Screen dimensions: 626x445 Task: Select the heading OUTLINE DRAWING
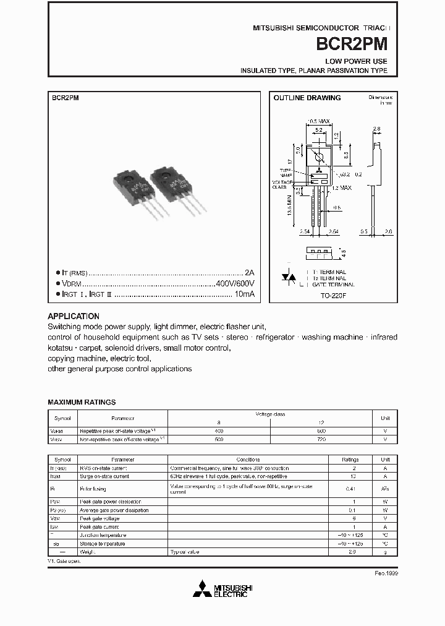point(307,98)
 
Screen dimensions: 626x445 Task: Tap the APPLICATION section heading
point(74,315)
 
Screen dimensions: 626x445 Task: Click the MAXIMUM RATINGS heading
point(82,402)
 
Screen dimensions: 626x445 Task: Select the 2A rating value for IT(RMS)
point(249,272)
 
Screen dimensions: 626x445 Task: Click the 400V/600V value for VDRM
point(235,283)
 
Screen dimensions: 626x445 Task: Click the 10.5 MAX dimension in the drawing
point(320,121)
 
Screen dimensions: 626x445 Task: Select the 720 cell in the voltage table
point(320,439)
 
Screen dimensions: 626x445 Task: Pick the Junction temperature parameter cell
point(103,535)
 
